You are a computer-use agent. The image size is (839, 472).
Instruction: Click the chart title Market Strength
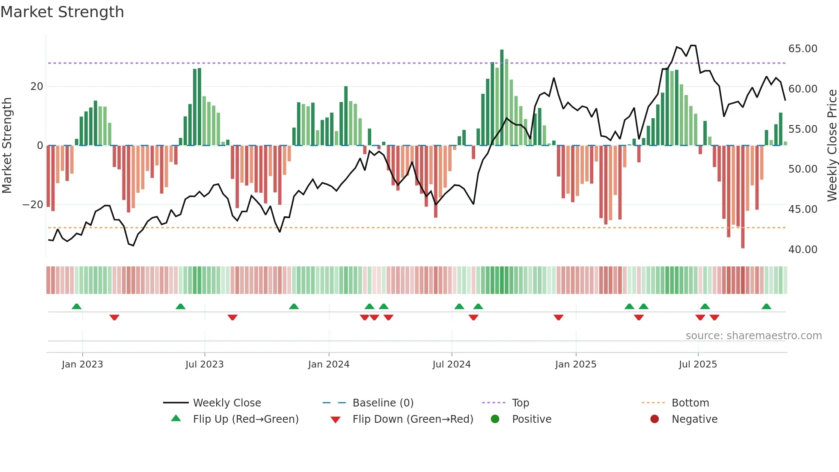62,12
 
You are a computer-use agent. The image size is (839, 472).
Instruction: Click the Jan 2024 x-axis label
328,364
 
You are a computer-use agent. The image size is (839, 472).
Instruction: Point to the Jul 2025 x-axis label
697,364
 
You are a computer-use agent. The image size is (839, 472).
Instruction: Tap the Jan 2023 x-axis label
82,364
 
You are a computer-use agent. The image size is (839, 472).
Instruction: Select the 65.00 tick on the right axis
803,49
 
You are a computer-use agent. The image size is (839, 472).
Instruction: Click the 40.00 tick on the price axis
803,250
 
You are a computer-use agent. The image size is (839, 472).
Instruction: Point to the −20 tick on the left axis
33,205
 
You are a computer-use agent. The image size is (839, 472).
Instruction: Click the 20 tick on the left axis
37,87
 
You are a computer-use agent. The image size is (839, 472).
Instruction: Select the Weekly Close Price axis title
832,146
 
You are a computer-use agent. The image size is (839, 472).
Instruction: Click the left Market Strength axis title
7,146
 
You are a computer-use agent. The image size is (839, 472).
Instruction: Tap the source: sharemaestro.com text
753,336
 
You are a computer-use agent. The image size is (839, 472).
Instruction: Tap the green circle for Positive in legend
495,419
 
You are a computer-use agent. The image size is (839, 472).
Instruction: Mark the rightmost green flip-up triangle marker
766,307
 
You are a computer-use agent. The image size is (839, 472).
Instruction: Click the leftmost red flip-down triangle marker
114,317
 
